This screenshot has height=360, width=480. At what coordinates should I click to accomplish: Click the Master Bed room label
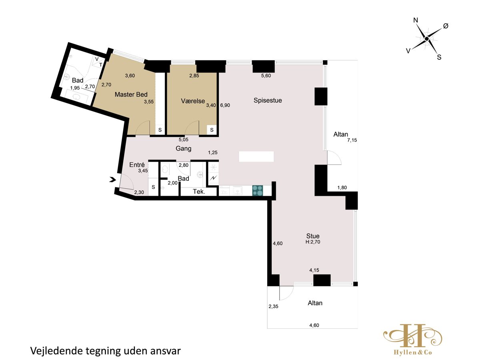pyautogui.click(x=131, y=94)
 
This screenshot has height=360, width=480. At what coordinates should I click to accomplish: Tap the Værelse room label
pyautogui.click(x=193, y=101)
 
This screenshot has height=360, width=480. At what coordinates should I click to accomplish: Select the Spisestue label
pyautogui.click(x=268, y=100)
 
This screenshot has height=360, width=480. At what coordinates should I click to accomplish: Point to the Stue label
pyautogui.click(x=313, y=236)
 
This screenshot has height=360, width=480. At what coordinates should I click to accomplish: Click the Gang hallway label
pyautogui.click(x=184, y=149)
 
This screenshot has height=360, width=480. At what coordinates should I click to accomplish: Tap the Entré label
pyautogui.click(x=137, y=164)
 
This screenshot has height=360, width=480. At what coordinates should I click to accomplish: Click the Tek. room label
pyautogui.click(x=199, y=192)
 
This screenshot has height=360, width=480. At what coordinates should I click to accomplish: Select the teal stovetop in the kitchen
pyautogui.click(x=258, y=191)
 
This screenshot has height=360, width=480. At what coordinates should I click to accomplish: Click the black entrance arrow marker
pyautogui.click(x=113, y=180)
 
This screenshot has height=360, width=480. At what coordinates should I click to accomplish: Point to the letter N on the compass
pyautogui.click(x=416, y=20)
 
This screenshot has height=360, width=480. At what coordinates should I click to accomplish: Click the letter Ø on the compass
pyautogui.click(x=446, y=26)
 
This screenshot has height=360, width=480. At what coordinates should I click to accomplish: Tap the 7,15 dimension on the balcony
pyautogui.click(x=352, y=140)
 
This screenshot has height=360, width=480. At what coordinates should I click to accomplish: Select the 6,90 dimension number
pyautogui.click(x=225, y=105)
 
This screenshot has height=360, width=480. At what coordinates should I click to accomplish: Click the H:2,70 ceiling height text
pyautogui.click(x=313, y=242)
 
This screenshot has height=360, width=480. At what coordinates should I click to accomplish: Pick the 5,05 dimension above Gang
pyautogui.click(x=184, y=140)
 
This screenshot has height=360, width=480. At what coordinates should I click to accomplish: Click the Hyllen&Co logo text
pyautogui.click(x=413, y=352)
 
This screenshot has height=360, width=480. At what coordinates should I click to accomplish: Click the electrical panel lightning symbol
pyautogui.click(x=213, y=178)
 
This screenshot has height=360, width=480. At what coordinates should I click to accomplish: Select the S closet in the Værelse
pyautogui.click(x=212, y=130)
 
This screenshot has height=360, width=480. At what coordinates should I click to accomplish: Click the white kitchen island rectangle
pyautogui.click(x=256, y=156)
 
